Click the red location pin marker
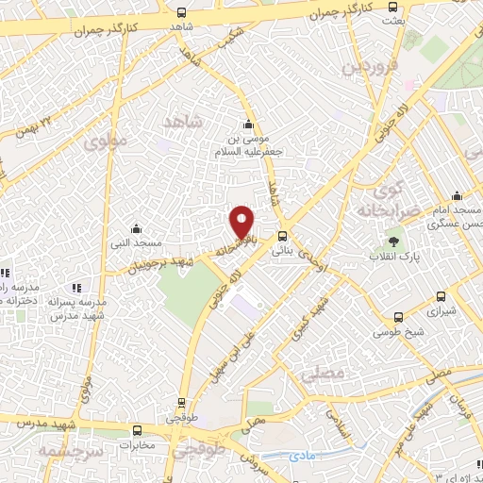(242, 222)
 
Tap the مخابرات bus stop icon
(139, 429)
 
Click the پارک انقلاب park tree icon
(393, 242)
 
